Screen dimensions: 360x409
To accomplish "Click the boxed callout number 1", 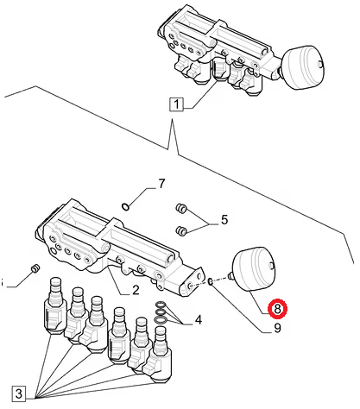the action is point(176,104).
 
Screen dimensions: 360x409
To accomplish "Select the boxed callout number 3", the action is point(19,393).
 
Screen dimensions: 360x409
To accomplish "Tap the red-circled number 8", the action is point(277,309).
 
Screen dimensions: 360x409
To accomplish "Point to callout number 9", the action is point(277,328).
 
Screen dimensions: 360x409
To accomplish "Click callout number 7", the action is point(161,184).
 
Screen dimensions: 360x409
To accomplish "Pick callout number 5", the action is point(224,220).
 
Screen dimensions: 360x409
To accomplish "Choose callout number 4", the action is point(199,319).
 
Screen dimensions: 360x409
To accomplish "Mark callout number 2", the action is point(136,290).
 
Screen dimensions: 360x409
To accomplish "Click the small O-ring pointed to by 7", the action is point(125,206).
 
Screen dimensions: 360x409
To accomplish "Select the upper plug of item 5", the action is point(181,208).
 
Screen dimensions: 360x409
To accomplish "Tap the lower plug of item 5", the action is point(181,230).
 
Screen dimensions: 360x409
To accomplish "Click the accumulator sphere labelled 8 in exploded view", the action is point(253,269).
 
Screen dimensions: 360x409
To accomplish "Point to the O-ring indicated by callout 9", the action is point(210,281).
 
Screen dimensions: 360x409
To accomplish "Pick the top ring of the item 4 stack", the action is point(161,305).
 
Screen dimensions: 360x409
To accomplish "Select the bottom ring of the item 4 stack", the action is point(160,319).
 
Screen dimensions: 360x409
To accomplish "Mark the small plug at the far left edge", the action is point(35,268).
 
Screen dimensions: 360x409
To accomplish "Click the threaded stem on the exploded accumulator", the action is point(230,276).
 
